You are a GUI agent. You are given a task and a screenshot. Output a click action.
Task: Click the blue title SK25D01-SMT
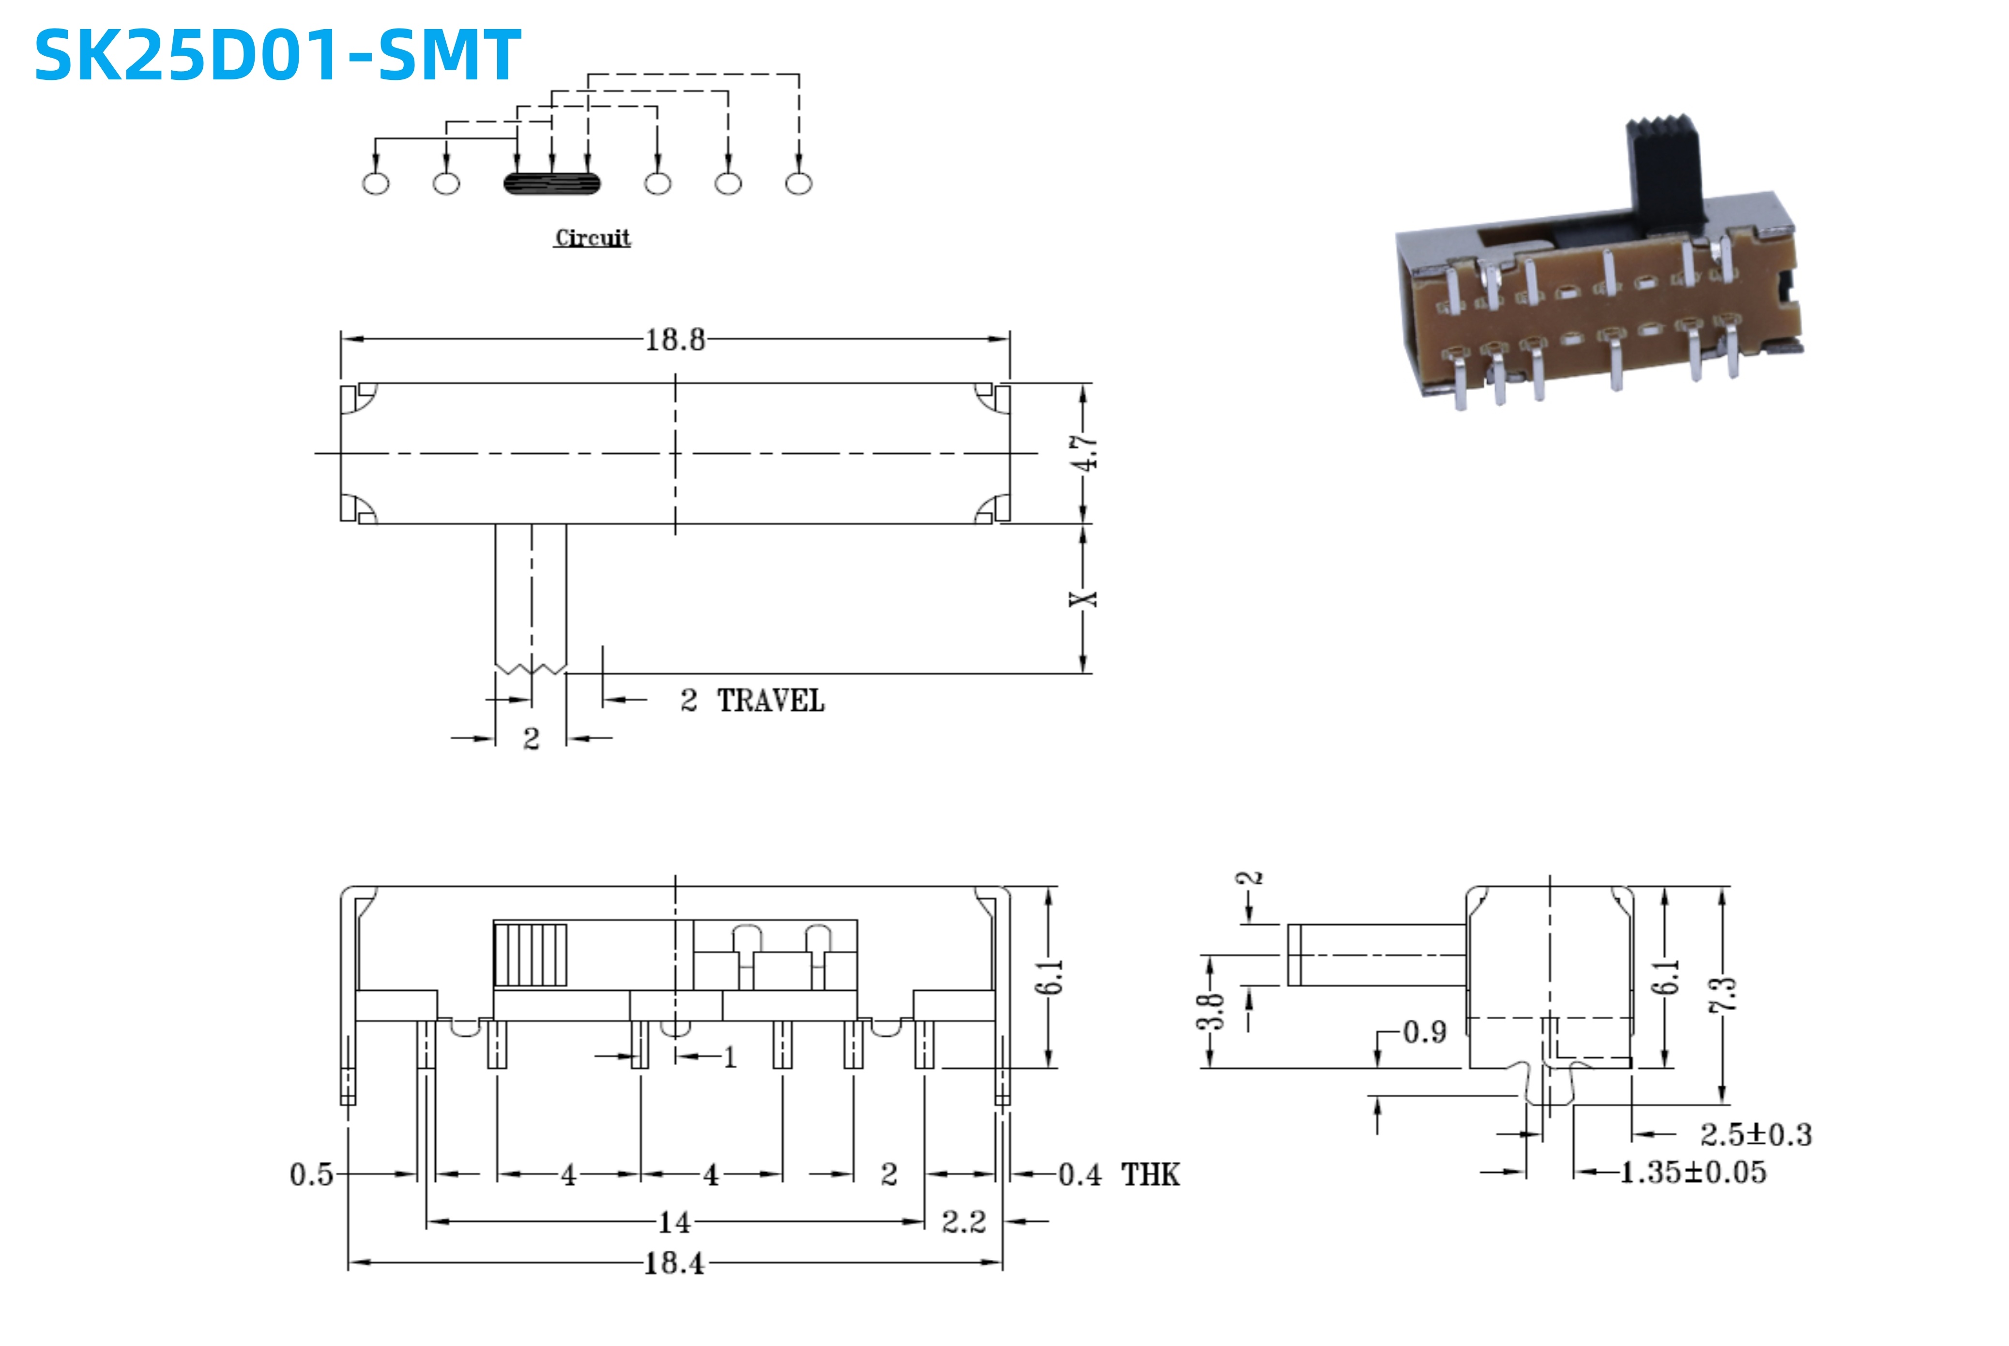click(x=277, y=55)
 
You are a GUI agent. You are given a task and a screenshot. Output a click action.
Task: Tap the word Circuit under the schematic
click(x=592, y=238)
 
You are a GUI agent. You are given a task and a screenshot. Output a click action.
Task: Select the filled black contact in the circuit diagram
click(x=552, y=183)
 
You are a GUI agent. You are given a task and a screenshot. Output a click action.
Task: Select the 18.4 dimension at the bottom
click(x=674, y=1263)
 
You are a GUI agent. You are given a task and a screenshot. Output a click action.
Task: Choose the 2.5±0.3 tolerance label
click(x=1756, y=1135)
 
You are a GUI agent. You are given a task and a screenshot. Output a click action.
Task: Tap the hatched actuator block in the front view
click(x=531, y=955)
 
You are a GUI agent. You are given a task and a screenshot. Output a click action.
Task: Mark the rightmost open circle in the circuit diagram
click(x=798, y=183)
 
